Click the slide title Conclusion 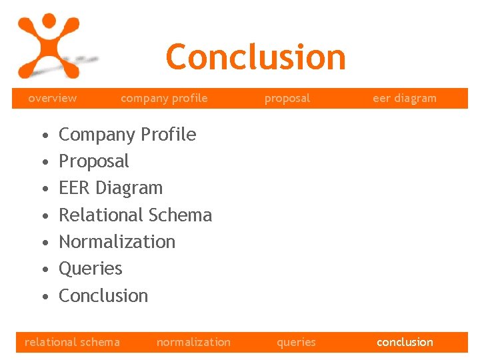click(255, 57)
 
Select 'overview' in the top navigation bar click(52, 98)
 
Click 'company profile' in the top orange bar click(164, 98)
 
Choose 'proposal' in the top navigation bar click(287, 98)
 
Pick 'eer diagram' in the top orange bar click(404, 98)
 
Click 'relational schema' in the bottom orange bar click(72, 342)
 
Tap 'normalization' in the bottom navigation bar click(193, 342)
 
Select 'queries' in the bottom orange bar click(296, 342)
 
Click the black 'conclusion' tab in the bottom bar click(405, 342)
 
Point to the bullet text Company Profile click(127, 135)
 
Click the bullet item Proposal click(94, 161)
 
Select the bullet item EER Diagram click(111, 188)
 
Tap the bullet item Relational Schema click(135, 215)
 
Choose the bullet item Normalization click(117, 242)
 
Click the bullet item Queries click(91, 269)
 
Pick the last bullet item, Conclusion click(103, 295)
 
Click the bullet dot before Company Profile click(43, 136)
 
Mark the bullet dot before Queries click(43, 270)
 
